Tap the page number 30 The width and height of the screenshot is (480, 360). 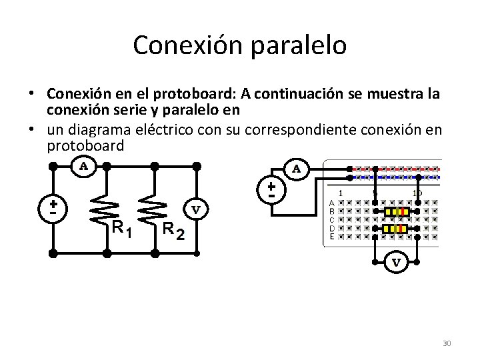pyautogui.click(x=446, y=343)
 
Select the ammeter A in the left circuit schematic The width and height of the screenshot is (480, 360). pyautogui.click(x=85, y=166)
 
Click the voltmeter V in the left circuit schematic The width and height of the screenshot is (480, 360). pyautogui.click(x=197, y=209)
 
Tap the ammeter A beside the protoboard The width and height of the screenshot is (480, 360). pyautogui.click(x=296, y=170)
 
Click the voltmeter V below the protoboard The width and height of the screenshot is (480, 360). pyautogui.click(x=396, y=262)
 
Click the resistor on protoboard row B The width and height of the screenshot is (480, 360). pyautogui.click(x=397, y=212)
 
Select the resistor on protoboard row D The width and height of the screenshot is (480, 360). pyautogui.click(x=397, y=229)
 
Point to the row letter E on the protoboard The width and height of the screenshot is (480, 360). pyautogui.click(x=333, y=237)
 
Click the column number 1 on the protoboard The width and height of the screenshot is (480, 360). pyautogui.click(x=341, y=193)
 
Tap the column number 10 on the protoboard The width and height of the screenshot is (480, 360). pyautogui.click(x=417, y=193)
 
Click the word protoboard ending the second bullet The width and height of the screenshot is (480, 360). pyautogui.click(x=85, y=146)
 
